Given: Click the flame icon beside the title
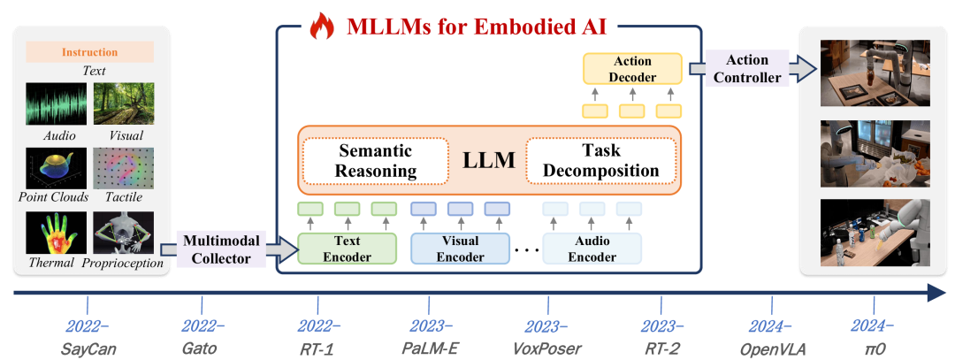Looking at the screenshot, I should [x=321, y=27].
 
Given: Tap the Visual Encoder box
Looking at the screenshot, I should [x=460, y=249].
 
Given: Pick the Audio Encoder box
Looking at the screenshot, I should [x=592, y=249].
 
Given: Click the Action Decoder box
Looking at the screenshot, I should [x=632, y=69].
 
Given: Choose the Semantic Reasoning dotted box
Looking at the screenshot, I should [x=364, y=159].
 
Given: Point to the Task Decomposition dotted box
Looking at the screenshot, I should [x=601, y=159].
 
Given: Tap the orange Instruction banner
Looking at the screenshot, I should [x=89, y=52].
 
